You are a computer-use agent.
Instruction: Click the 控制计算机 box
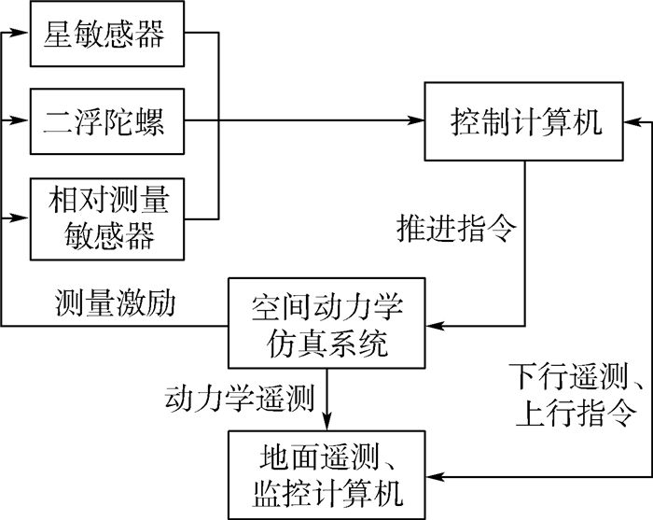point(526,121)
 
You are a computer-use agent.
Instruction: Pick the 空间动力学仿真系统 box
point(326,325)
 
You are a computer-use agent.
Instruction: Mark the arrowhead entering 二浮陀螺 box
point(21,120)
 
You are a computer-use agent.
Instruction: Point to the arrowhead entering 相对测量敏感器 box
point(21,218)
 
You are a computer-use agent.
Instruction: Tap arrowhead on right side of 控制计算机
point(635,121)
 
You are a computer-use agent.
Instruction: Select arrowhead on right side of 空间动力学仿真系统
point(432,325)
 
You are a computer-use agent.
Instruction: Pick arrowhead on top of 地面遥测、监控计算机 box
point(326,425)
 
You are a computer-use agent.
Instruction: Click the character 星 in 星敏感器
point(60,35)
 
